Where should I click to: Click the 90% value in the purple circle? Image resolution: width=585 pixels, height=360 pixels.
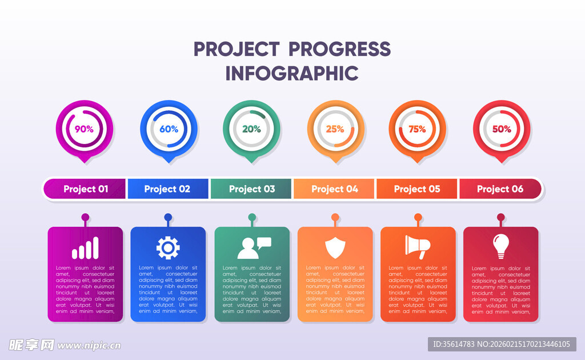click(x=85, y=129)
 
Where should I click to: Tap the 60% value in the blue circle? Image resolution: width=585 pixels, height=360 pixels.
click(x=169, y=129)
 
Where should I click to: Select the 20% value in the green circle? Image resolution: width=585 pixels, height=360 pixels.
click(x=251, y=129)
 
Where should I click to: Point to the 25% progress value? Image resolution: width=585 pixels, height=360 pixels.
click(x=335, y=129)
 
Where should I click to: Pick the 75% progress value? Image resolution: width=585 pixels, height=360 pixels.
click(x=417, y=129)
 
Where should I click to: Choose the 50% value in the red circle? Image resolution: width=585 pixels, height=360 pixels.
click(x=502, y=129)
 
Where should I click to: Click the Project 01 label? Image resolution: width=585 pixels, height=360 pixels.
click(x=86, y=189)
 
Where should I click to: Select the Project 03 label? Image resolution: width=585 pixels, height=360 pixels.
click(x=252, y=189)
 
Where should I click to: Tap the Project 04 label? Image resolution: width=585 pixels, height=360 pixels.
click(x=335, y=189)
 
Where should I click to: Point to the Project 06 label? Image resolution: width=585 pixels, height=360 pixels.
click(x=500, y=189)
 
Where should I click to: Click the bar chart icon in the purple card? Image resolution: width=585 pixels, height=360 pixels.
click(x=86, y=248)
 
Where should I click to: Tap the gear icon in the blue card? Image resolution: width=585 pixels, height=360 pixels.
click(x=168, y=247)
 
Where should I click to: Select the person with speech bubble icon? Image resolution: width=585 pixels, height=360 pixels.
click(x=254, y=247)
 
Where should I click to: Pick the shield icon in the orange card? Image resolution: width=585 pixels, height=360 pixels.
click(x=335, y=247)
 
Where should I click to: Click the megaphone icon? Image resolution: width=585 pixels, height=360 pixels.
click(x=418, y=247)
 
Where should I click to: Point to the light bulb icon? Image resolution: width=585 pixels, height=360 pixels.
click(x=500, y=246)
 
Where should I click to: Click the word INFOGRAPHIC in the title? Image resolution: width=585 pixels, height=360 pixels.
click(x=292, y=73)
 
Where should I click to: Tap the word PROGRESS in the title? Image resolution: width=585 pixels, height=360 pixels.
click(x=339, y=49)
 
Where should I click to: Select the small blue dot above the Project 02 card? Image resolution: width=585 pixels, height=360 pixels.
click(x=169, y=217)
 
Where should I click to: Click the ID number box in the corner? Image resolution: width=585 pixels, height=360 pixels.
click(x=502, y=344)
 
